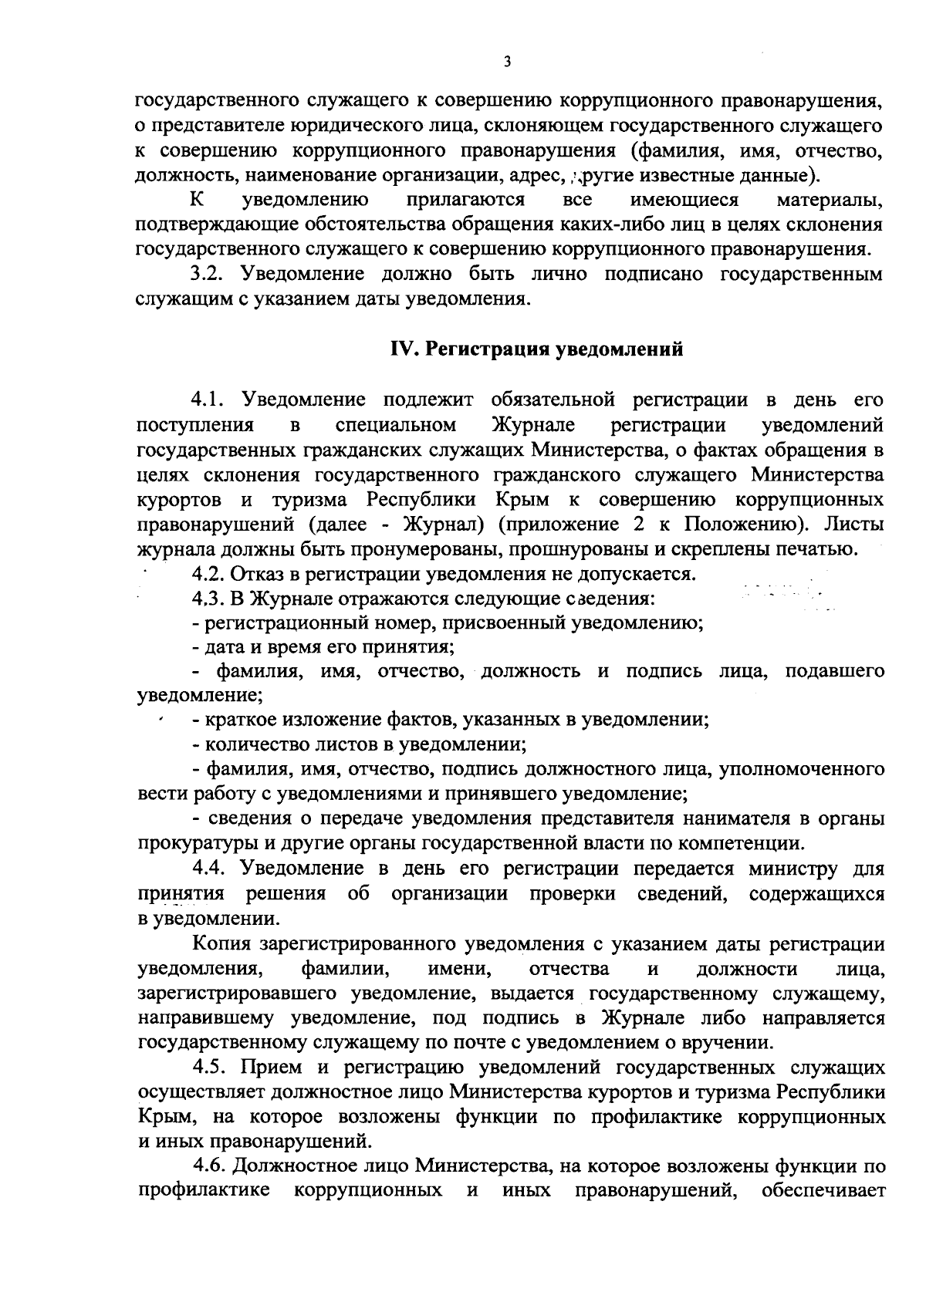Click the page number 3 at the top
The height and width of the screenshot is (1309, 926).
pos(507,61)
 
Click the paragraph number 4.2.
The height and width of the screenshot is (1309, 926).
pos(208,574)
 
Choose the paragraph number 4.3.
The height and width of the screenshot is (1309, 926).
pos(208,599)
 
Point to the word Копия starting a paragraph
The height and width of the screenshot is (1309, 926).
pos(223,944)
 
